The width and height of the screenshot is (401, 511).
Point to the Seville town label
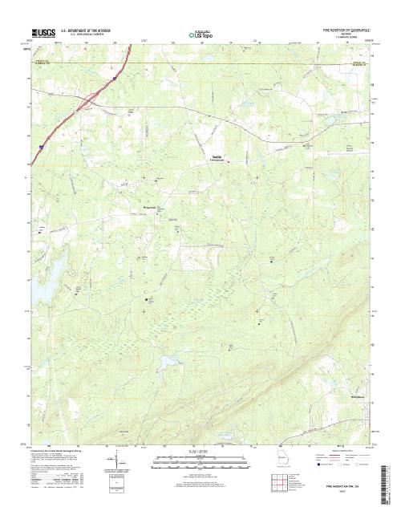[217, 156]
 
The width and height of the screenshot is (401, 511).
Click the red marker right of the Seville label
[227, 160]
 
